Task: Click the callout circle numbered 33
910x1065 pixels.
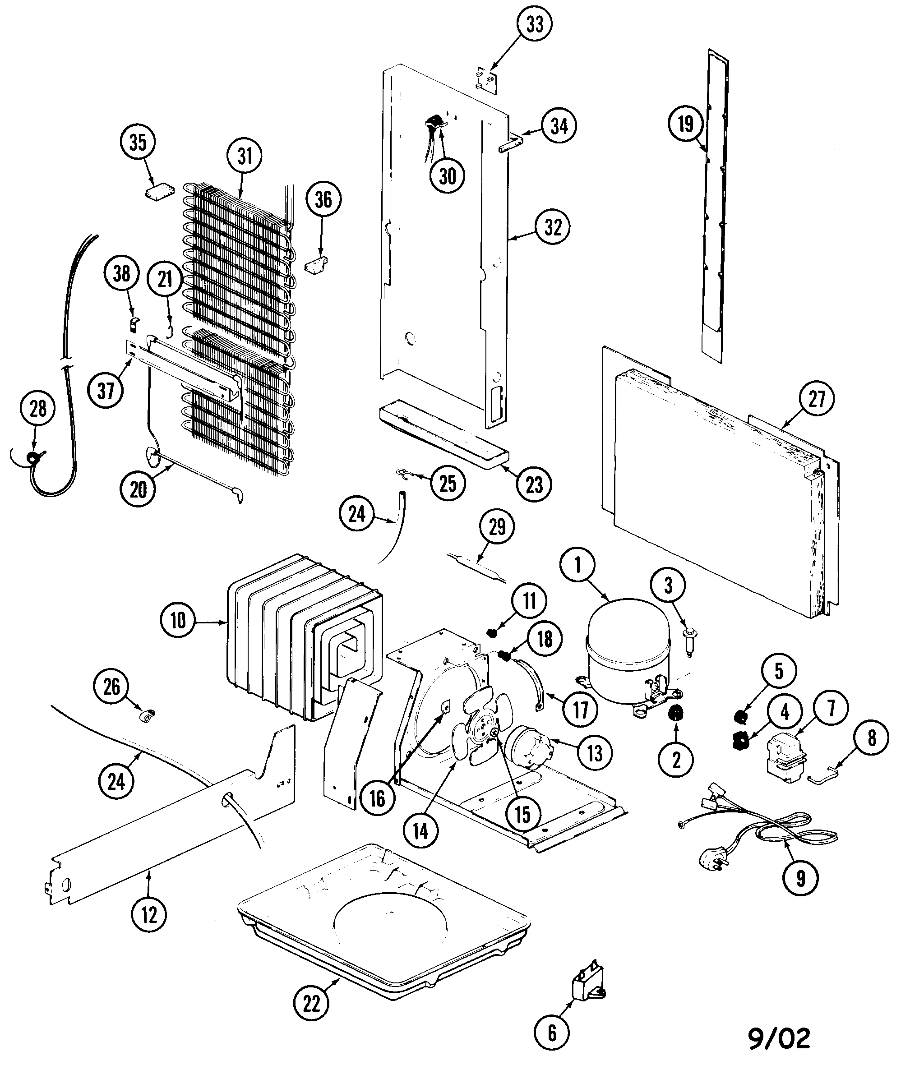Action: point(535,24)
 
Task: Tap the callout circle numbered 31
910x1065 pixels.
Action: point(245,156)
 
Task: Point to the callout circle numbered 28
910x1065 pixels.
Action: point(38,409)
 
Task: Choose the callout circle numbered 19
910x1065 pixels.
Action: point(685,124)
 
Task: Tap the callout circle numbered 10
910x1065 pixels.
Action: point(177,620)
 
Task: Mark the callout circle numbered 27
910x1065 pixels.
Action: point(817,398)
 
